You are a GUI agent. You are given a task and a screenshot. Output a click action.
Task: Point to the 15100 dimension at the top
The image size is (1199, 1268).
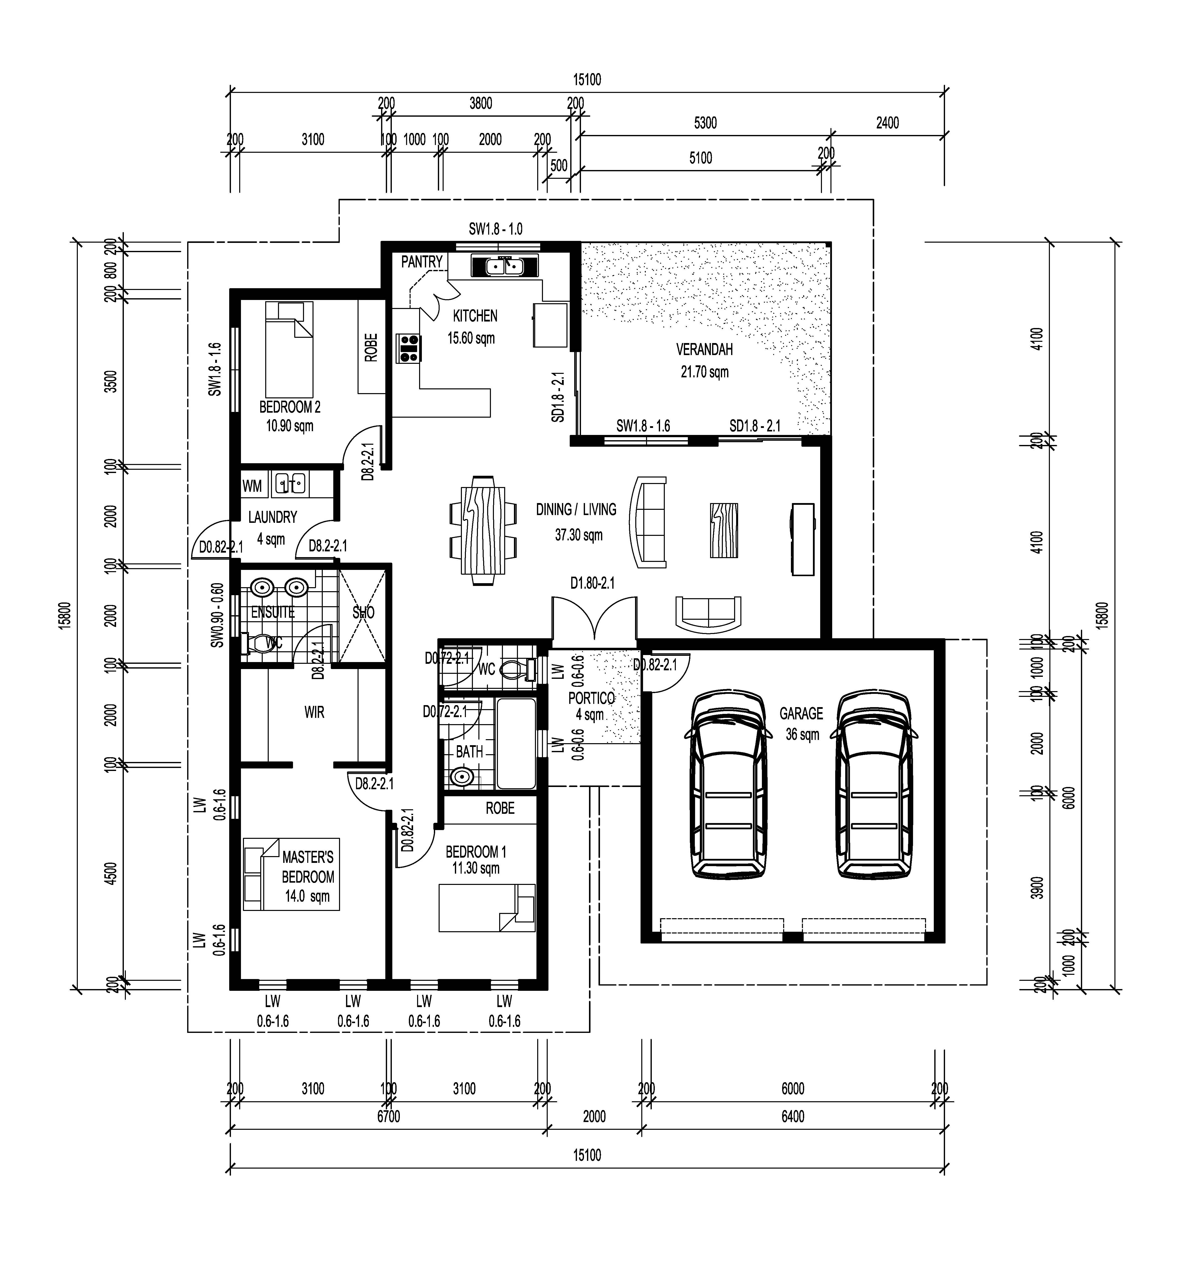pyautogui.click(x=587, y=80)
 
